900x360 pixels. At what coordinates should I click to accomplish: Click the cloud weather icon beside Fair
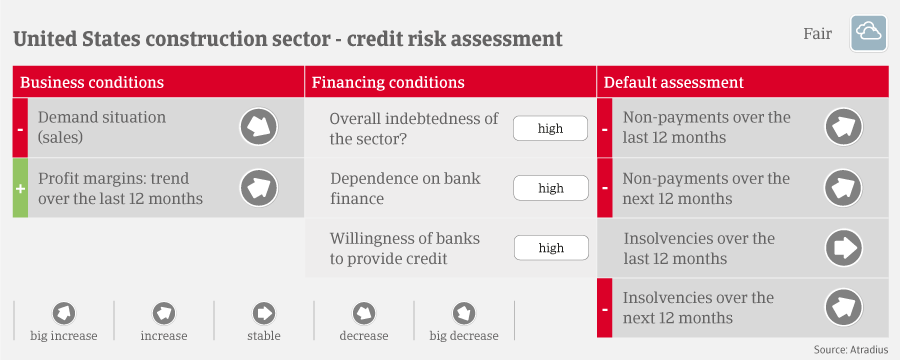click(868, 34)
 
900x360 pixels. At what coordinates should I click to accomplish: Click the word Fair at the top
click(817, 34)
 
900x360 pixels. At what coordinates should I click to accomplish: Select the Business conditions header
click(92, 82)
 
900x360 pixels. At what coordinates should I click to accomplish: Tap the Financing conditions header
click(388, 82)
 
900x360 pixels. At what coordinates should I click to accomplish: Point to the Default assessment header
click(674, 82)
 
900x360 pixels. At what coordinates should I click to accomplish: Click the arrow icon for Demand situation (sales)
click(258, 127)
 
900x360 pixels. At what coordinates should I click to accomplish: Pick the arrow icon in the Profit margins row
click(258, 188)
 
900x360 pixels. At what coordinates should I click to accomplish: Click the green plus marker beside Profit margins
click(20, 188)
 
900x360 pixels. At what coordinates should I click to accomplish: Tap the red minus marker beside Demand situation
click(20, 127)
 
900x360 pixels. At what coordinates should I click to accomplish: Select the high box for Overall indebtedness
click(550, 128)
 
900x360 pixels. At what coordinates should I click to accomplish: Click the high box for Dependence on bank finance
click(550, 188)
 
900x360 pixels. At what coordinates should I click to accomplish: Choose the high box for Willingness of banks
click(551, 248)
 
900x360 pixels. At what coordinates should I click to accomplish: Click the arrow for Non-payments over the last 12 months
click(844, 127)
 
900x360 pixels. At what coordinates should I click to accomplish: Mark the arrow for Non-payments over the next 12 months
click(844, 188)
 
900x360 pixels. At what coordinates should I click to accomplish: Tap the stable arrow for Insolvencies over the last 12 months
click(844, 248)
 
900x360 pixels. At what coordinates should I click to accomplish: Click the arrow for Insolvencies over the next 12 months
click(844, 308)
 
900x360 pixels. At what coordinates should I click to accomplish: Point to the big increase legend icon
click(64, 313)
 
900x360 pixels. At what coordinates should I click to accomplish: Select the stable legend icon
click(264, 313)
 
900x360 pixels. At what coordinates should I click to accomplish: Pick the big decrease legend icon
click(464, 313)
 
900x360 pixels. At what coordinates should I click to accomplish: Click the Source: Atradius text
click(851, 349)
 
